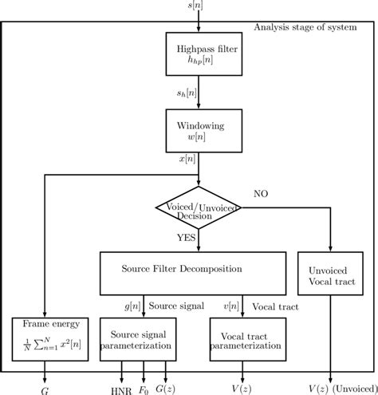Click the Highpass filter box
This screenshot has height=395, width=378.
(x=197, y=57)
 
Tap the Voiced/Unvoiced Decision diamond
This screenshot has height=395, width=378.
(x=197, y=209)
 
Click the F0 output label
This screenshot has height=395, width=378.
(x=144, y=388)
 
